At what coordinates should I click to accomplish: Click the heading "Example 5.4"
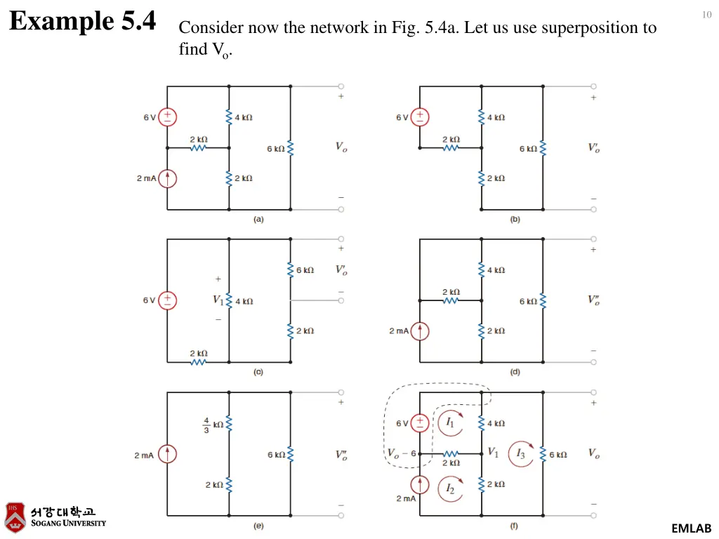[83, 21]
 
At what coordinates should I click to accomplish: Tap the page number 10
[706, 15]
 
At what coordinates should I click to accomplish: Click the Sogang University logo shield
[15, 517]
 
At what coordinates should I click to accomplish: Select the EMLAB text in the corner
[691, 528]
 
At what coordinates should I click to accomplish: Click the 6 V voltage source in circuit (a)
[167, 117]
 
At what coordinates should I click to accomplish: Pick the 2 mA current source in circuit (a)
[167, 178]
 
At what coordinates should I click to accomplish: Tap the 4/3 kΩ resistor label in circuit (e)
[213, 425]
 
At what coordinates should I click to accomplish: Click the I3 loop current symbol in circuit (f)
[521, 453]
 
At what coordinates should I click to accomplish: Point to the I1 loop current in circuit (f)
[451, 423]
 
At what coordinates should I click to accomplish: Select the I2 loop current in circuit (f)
[451, 488]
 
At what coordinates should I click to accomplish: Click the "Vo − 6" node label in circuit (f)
[402, 453]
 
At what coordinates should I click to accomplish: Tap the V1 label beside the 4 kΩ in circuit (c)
[218, 300]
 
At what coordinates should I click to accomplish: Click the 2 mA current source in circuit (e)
[167, 454]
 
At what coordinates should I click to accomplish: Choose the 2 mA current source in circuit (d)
[420, 331]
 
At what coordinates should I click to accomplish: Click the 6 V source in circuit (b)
[420, 117]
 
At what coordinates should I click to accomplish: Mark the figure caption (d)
[515, 372]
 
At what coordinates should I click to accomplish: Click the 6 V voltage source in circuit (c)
[167, 300]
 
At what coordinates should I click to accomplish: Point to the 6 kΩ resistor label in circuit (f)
[558, 455]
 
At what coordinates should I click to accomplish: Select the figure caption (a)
[258, 219]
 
